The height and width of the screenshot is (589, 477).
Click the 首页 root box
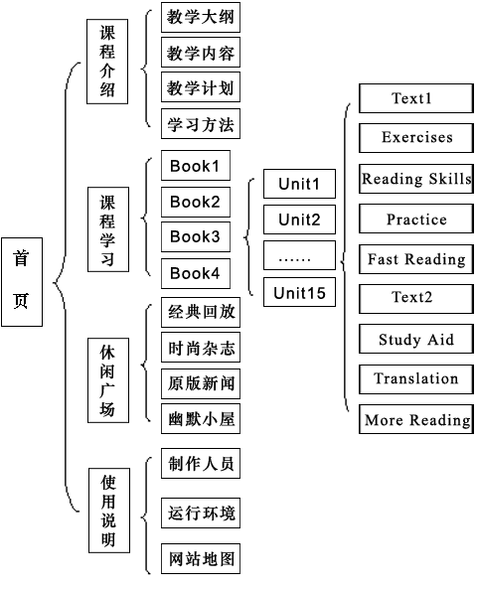(x=22, y=282)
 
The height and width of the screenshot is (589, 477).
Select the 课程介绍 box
(x=107, y=62)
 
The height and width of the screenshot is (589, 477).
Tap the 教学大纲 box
(x=201, y=17)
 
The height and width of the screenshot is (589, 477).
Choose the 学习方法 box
(x=201, y=124)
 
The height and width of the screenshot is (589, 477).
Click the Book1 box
(x=196, y=166)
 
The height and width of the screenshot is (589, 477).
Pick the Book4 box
(x=196, y=273)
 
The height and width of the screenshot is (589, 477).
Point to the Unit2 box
(x=299, y=220)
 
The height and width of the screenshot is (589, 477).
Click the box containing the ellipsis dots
(x=299, y=255)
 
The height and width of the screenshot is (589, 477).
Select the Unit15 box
(x=299, y=292)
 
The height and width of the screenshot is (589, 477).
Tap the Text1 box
(x=416, y=98)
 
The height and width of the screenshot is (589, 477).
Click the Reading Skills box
(x=416, y=179)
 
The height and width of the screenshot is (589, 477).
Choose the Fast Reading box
(x=416, y=259)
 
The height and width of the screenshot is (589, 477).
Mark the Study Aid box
(x=416, y=340)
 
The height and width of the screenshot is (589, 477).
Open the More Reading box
(x=416, y=419)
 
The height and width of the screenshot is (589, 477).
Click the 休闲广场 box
(x=108, y=380)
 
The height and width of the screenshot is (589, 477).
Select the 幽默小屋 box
(x=201, y=419)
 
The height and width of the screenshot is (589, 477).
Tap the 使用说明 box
(x=109, y=511)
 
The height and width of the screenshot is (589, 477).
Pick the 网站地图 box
(x=201, y=558)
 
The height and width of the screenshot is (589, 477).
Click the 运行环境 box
(x=201, y=514)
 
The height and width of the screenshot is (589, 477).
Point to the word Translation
(x=416, y=378)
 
